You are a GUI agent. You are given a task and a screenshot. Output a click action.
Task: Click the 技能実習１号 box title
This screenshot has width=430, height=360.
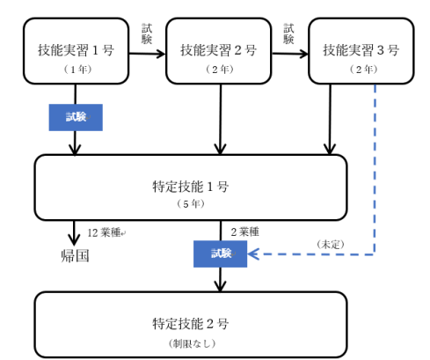point(76,50)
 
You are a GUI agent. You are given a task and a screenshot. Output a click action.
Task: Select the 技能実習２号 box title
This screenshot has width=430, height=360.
point(218,50)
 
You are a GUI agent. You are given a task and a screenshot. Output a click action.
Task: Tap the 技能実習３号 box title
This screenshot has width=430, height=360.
point(361,50)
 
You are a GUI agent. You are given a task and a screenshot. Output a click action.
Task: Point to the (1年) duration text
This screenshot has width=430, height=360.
point(77,70)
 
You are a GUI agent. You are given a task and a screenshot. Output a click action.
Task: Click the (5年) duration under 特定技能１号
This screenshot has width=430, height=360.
point(191,203)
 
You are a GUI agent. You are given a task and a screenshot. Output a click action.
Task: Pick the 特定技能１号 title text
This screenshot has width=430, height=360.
point(191,187)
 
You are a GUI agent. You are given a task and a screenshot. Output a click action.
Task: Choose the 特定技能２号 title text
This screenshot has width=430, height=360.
point(191,324)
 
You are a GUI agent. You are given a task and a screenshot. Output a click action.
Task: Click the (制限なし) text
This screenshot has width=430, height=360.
point(192,343)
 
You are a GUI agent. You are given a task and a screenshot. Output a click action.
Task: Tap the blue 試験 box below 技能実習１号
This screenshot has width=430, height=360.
point(76,117)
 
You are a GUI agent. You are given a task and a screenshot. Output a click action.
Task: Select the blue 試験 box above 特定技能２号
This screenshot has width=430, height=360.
point(220,253)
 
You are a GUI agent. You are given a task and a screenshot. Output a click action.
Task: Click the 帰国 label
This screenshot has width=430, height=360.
point(75,256)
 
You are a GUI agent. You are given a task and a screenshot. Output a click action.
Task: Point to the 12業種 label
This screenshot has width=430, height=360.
point(104,232)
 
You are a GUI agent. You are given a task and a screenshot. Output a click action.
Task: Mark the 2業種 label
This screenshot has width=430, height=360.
point(244,232)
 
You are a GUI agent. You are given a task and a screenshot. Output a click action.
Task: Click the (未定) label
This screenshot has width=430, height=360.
point(331,245)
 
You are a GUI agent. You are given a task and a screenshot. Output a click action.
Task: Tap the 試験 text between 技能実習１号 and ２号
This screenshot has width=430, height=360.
point(147,34)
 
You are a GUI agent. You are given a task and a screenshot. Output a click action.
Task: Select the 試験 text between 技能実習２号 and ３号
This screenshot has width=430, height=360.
point(288,34)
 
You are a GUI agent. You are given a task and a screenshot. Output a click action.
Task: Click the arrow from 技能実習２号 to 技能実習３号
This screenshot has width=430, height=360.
point(290,54)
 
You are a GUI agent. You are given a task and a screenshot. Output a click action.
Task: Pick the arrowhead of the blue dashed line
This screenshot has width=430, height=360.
point(253,254)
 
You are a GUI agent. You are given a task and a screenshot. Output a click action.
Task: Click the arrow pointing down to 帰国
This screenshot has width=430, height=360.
point(74,232)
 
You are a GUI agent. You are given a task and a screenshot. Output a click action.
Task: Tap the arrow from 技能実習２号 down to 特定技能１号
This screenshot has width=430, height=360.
point(220,119)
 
